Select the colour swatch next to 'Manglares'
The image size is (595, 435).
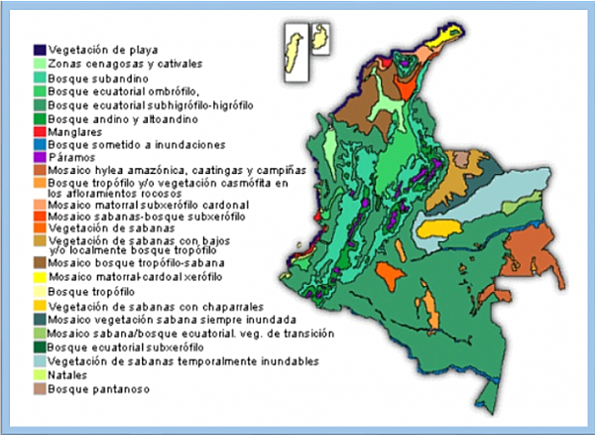click(39, 130)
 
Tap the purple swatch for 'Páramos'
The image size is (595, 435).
click(39, 157)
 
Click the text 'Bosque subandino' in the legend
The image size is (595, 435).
click(94, 74)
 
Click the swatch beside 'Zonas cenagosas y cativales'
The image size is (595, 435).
click(39, 61)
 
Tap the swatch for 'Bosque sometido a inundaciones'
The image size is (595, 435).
click(39, 144)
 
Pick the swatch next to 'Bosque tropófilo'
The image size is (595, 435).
click(39, 292)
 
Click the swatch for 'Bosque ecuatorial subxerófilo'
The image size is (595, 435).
click(39, 348)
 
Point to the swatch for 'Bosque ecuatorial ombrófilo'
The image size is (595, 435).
click(39, 88)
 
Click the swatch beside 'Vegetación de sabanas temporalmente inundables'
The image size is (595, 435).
click(39, 362)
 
